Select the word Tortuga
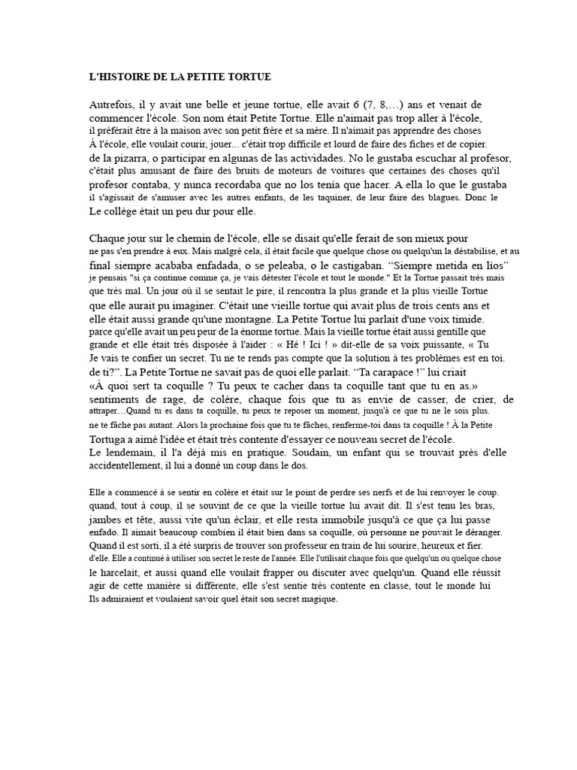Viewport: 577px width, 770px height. pyautogui.click(x=111, y=439)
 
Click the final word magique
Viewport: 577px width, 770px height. pyautogui.click(x=319, y=599)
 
